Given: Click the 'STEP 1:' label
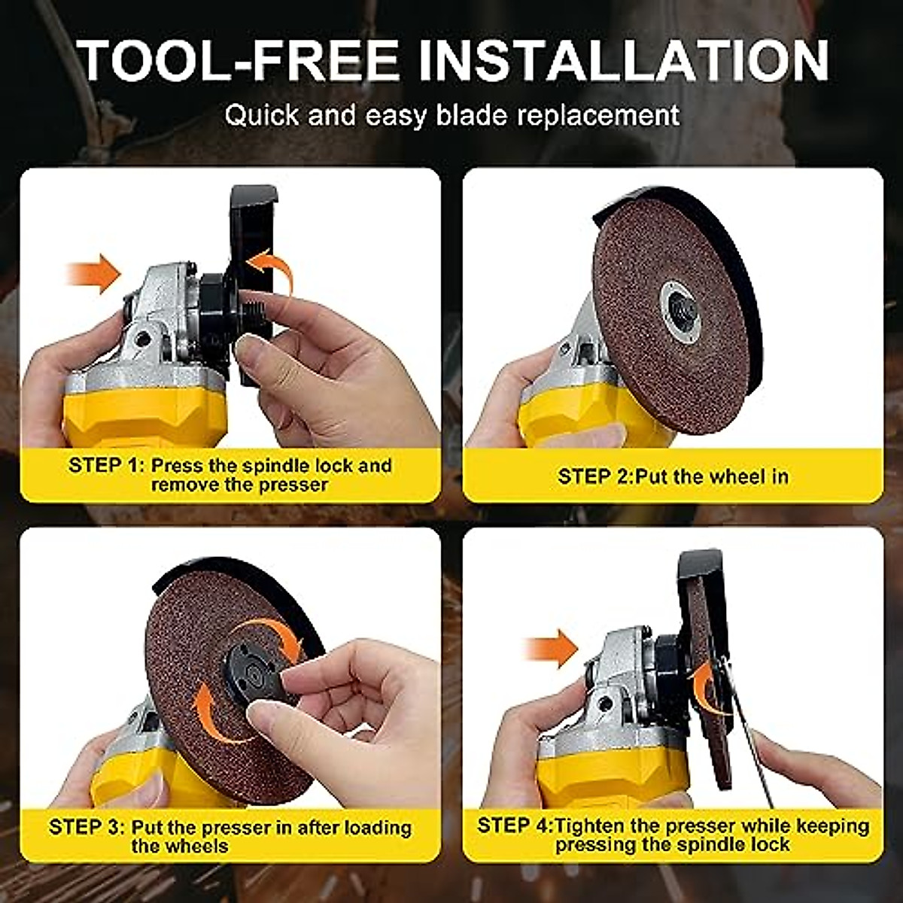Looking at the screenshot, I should coord(105,465).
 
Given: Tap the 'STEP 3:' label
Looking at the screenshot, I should coord(86,827).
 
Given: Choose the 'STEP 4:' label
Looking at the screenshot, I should coord(515,825).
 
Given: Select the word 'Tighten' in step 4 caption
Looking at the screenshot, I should coord(590,825).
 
